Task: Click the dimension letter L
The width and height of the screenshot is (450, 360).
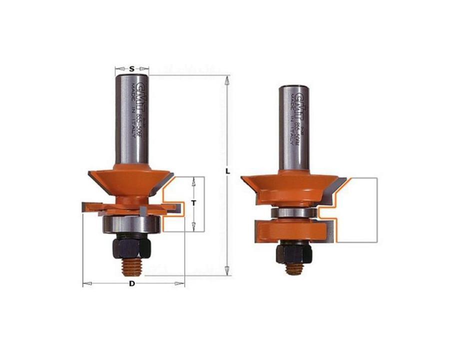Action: pos(228,170)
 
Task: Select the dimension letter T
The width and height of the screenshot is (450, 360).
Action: pos(193,203)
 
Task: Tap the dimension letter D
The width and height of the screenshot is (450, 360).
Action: pos(132,284)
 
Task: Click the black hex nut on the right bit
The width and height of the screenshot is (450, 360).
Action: pos(295,253)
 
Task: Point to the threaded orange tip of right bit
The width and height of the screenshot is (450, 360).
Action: pos(295,268)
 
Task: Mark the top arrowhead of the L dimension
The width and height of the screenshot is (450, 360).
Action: pos(228,78)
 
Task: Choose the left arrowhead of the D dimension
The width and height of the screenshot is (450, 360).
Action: pos(85,284)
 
